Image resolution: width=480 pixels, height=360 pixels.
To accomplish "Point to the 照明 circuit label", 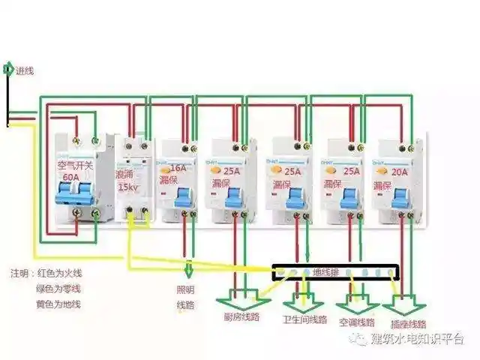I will tap(185, 289).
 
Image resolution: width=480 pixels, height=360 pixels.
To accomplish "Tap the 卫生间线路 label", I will tap(304, 319).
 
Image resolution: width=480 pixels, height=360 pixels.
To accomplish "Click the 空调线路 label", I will tap(356, 322).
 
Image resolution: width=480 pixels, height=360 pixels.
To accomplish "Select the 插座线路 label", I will tap(409, 324).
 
